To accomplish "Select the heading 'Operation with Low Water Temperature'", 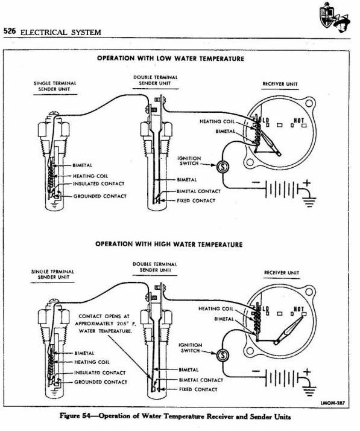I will coord(170,59).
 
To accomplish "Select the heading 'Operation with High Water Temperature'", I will coord(169,244).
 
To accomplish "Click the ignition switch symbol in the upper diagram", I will coord(221,165).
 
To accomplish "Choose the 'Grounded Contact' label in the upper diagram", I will coord(100,196).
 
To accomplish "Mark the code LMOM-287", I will coord(333,401).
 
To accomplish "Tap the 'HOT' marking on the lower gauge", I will coord(297,308).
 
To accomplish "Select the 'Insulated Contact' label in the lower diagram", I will coord(99,373).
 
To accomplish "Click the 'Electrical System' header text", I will coord(60,31).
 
